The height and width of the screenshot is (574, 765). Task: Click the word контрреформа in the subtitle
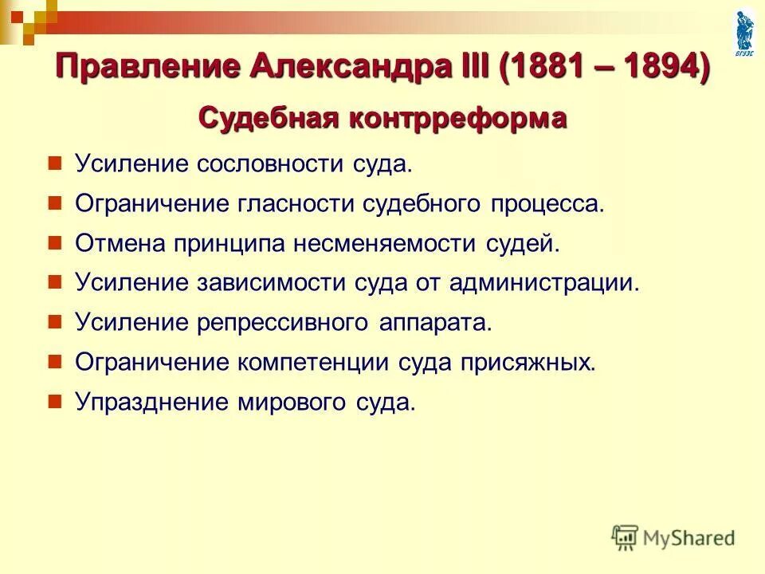(453, 119)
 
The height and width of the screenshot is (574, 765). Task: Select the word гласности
(299, 204)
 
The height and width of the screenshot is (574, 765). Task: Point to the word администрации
(547, 282)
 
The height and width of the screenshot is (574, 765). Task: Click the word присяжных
(527, 361)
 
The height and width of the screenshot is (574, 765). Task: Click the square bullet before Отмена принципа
(55, 242)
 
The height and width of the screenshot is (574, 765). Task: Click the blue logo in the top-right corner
(743, 29)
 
